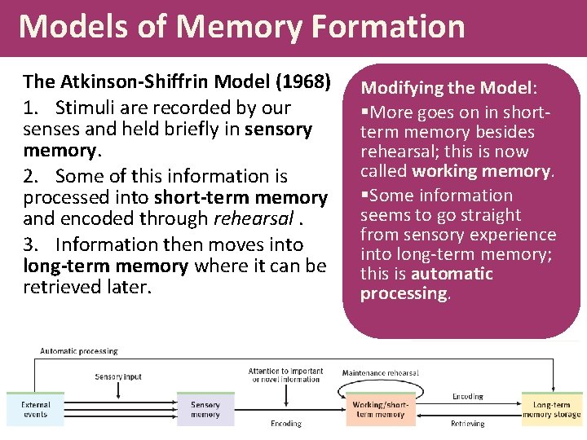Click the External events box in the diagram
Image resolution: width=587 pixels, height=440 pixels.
click(x=35, y=409)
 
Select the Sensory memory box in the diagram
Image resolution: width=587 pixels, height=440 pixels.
click(x=205, y=409)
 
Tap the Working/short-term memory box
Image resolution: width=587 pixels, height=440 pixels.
click(x=379, y=409)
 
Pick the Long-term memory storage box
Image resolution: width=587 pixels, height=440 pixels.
click(x=552, y=409)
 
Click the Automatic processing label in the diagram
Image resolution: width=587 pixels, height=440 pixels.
click(x=79, y=351)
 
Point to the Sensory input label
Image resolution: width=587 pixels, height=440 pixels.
click(x=118, y=376)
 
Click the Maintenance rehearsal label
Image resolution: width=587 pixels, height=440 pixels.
click(x=380, y=373)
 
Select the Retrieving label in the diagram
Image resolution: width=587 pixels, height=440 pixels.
click(x=467, y=424)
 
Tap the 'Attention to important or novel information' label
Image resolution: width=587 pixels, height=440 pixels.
click(x=285, y=375)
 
